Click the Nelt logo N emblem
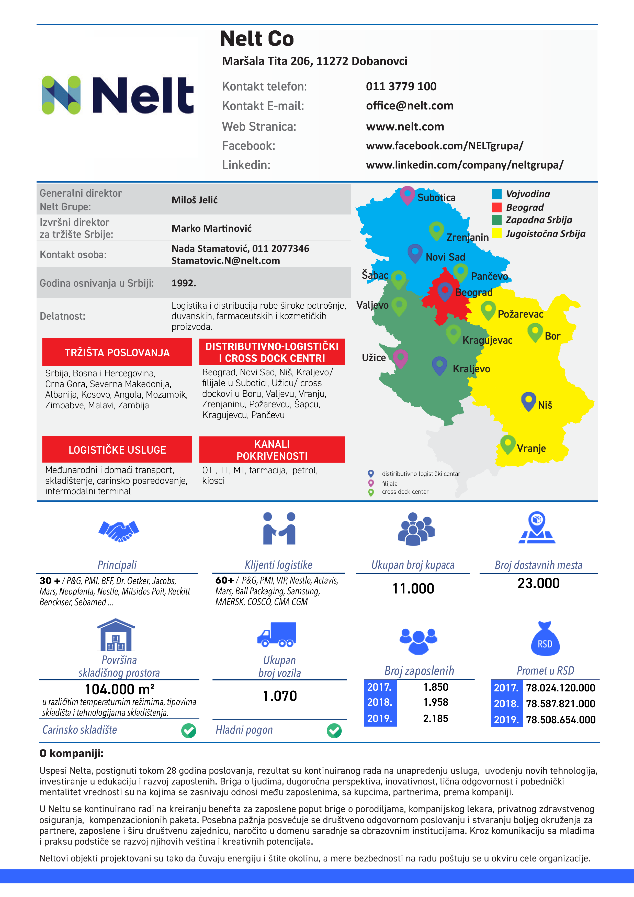click(x=61, y=95)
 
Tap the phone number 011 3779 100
click(x=401, y=86)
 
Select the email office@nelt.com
click(x=410, y=106)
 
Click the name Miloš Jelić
click(x=195, y=200)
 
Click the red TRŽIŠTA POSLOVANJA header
click(x=117, y=352)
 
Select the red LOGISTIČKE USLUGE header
click(x=117, y=450)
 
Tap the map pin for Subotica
click(x=407, y=194)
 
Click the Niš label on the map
click(x=545, y=405)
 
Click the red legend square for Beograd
click(x=496, y=207)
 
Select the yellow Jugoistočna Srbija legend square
click(x=496, y=233)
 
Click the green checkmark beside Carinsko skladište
click(x=189, y=730)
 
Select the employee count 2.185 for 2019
click(x=436, y=719)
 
